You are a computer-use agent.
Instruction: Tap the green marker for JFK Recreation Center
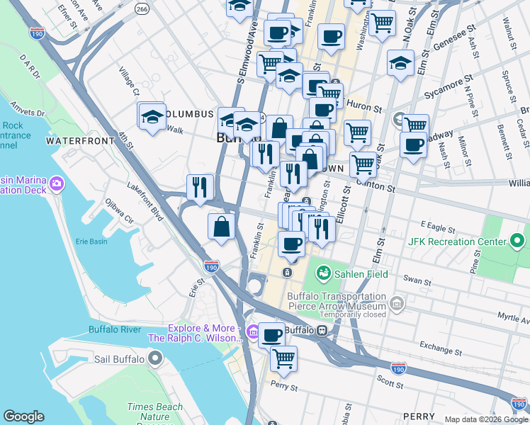[518, 242]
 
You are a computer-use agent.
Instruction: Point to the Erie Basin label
[91, 242]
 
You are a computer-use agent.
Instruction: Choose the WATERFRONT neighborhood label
[79, 141]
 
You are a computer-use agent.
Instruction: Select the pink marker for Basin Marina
[56, 185]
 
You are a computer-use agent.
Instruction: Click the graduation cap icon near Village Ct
[152, 116]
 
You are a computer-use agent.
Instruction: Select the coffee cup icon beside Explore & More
[271, 335]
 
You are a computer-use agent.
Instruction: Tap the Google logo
[23, 416]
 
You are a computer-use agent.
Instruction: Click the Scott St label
[389, 382]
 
